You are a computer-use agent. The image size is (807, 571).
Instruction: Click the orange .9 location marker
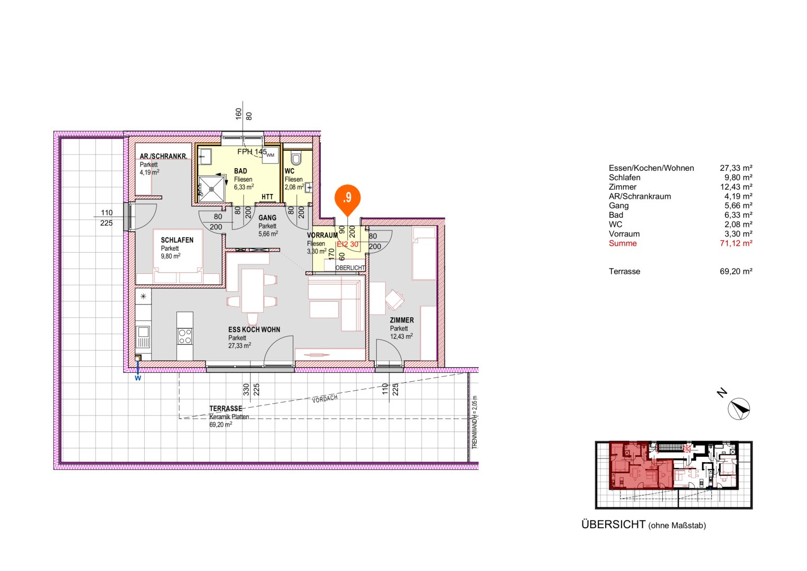pyautogui.click(x=347, y=198)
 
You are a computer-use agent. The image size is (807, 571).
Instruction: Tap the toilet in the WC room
pyautogui.click(x=296, y=159)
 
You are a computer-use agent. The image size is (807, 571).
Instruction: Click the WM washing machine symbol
pyautogui.click(x=270, y=155)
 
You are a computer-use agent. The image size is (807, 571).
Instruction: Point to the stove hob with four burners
pyautogui.click(x=185, y=336)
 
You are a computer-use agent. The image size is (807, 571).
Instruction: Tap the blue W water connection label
pyautogui.click(x=138, y=378)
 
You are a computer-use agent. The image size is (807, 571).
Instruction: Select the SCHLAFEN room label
pyautogui.click(x=177, y=240)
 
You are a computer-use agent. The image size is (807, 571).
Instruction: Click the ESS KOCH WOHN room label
pyautogui.click(x=254, y=329)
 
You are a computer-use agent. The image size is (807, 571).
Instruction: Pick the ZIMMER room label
pyautogui.click(x=402, y=320)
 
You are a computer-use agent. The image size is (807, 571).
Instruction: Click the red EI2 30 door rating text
pyautogui.click(x=348, y=244)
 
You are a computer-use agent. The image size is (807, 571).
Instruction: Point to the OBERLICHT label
pyautogui.click(x=350, y=268)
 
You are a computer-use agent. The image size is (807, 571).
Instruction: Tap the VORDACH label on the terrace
pyautogui.click(x=324, y=399)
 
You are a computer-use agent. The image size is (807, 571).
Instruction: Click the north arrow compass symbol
pyautogui.click(x=739, y=409)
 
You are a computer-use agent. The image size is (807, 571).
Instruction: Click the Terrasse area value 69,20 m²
pyautogui.click(x=736, y=271)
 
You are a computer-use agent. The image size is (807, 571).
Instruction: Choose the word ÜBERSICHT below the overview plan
pyautogui.click(x=613, y=524)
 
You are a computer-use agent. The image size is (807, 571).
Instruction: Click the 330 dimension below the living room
pyautogui.click(x=246, y=390)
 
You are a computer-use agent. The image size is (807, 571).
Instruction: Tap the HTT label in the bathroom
pyautogui.click(x=267, y=197)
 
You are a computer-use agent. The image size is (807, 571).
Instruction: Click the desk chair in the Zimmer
pyautogui.click(x=395, y=300)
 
